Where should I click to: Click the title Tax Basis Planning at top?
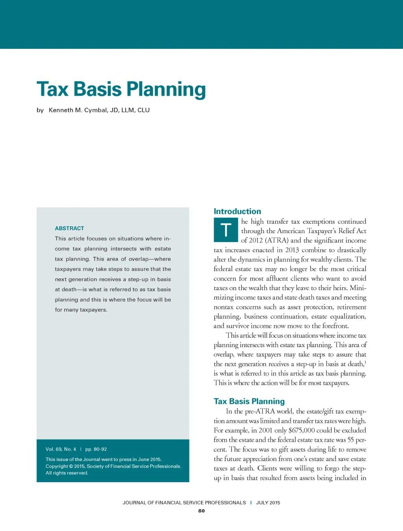pyautogui.click(x=121, y=89)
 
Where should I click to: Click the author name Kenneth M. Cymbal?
pyautogui.click(x=78, y=110)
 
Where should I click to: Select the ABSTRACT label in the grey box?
pyautogui.click(x=69, y=228)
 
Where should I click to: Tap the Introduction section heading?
pyautogui.click(x=237, y=211)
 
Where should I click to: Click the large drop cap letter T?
pyautogui.click(x=226, y=230)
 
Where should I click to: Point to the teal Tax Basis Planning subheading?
pyautogui.click(x=249, y=401)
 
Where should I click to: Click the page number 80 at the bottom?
pyautogui.click(x=201, y=511)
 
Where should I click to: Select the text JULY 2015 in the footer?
pyautogui.click(x=268, y=503)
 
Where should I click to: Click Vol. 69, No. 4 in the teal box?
pyautogui.click(x=61, y=449)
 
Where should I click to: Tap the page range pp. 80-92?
pyautogui.click(x=96, y=449)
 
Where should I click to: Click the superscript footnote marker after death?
pyautogui.click(x=365, y=362)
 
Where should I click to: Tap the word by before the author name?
pyautogui.click(x=40, y=110)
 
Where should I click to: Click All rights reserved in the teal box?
pyautogui.click(x=67, y=473)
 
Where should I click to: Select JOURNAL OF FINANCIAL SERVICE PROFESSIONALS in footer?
pyautogui.click(x=184, y=503)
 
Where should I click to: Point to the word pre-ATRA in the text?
pyautogui.click(x=260, y=411)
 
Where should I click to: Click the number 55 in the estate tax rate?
pyautogui.click(x=351, y=440)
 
